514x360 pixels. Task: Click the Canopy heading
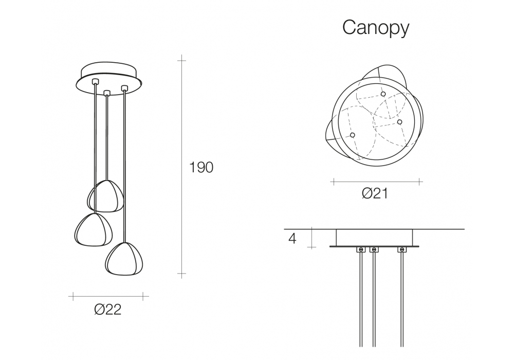tap(376, 28)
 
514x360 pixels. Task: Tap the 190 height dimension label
tap(201, 167)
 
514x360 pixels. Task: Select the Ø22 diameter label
tap(108, 309)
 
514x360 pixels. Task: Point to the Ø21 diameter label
tap(375, 193)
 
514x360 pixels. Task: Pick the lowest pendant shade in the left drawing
tap(124, 259)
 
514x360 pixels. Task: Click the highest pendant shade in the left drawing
tap(105, 196)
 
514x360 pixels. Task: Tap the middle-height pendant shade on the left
tap(94, 229)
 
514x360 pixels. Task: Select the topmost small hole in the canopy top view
tap(383, 94)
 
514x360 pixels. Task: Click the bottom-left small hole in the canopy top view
tap(353, 135)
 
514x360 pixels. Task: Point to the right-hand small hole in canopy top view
tap(399, 122)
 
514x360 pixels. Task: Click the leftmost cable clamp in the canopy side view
tap(361, 250)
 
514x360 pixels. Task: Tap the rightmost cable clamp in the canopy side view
tap(402, 250)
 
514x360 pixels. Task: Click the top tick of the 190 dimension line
tap(181, 61)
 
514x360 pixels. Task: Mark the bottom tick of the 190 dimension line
tap(181, 274)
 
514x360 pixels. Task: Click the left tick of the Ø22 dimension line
tap(73, 296)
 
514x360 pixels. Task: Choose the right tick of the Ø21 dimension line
tap(419, 182)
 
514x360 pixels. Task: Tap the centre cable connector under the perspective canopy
tap(106, 93)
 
